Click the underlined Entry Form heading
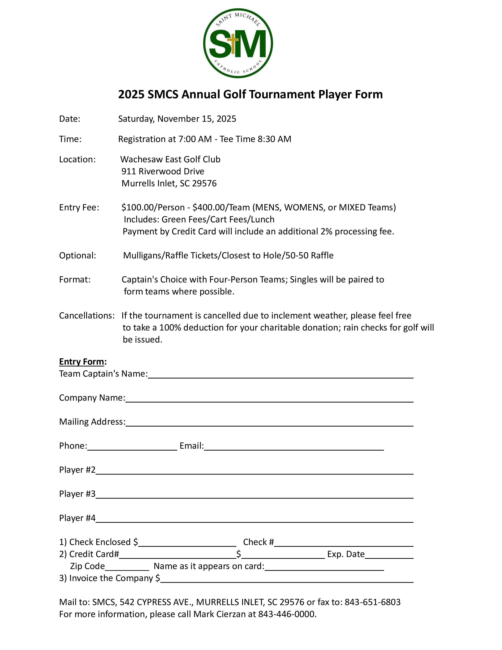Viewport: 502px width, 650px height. [82, 362]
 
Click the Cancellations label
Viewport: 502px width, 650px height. [87, 316]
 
